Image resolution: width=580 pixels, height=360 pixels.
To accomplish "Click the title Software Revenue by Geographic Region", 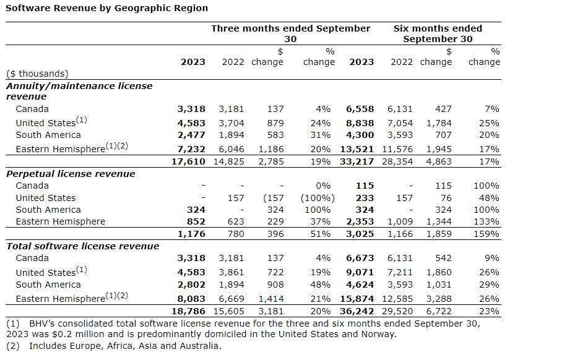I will coord(107,8).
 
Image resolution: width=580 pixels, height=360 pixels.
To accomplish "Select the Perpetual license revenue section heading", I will coord(71,174).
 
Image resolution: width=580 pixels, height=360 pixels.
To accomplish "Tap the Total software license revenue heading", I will coord(82,246).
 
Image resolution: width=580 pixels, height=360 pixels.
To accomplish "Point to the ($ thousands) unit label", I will coord(37,74).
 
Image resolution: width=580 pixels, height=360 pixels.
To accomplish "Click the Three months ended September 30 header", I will coord(290,33).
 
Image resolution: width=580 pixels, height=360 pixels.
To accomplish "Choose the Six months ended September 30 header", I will coord(438,33).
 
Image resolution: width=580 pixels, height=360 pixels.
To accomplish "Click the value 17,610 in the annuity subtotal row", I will coord(190,161).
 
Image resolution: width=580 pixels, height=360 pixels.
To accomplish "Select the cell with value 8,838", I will coord(361,123).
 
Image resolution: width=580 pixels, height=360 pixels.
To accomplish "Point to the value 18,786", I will coord(190,311).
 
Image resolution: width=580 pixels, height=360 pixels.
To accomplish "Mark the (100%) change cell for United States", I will coord(318,198).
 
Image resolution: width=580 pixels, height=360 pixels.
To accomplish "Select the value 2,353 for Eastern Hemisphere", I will coord(361,221).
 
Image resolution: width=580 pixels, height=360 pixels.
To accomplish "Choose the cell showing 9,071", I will coord(361,273).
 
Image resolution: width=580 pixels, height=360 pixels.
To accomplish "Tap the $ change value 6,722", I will coord(439,311).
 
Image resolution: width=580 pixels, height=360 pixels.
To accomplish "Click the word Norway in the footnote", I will coord(379,335).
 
